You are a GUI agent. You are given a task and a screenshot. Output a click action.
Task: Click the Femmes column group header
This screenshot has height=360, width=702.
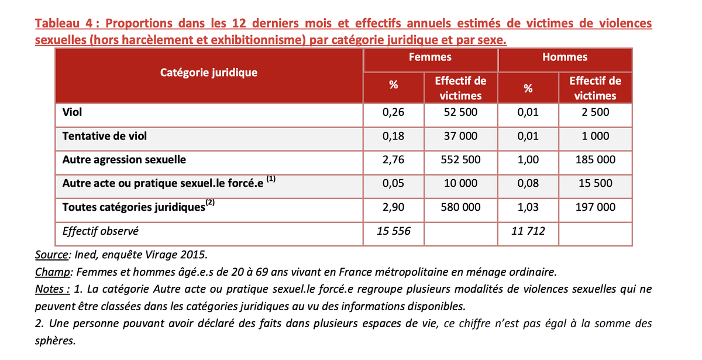click(x=430, y=57)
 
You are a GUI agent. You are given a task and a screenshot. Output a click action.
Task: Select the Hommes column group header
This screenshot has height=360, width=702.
click(x=565, y=57)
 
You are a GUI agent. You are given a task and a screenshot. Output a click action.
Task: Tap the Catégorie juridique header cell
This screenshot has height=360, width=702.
click(x=209, y=73)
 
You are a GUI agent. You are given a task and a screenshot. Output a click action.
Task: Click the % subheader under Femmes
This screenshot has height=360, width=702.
click(x=394, y=86)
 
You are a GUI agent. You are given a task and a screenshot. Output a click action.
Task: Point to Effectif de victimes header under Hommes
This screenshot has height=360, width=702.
click(x=595, y=88)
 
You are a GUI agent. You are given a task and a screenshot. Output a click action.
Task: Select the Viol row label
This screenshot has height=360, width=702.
click(x=72, y=112)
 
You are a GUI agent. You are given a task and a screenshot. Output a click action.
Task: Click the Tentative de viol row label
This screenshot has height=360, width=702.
click(x=105, y=136)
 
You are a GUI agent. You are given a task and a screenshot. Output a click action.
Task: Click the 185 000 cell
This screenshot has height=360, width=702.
click(x=595, y=159)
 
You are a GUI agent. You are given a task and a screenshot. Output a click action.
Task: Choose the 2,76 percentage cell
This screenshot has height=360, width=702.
click(x=394, y=159)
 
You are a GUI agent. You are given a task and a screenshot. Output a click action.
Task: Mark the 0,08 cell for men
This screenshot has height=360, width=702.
click(x=528, y=183)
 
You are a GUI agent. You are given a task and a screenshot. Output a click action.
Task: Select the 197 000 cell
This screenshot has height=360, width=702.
click(x=595, y=207)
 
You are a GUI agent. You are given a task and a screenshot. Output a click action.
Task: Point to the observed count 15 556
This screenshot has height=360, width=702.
click(x=394, y=231)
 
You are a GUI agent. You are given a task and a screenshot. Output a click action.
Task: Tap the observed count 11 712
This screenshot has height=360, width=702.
click(x=528, y=231)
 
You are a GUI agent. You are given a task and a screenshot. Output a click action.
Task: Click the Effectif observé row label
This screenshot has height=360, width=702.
click(x=101, y=231)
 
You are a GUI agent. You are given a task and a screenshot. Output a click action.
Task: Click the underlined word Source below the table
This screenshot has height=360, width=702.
click(x=51, y=255)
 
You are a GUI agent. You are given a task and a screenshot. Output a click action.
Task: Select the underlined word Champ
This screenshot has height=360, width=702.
click(x=52, y=272)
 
